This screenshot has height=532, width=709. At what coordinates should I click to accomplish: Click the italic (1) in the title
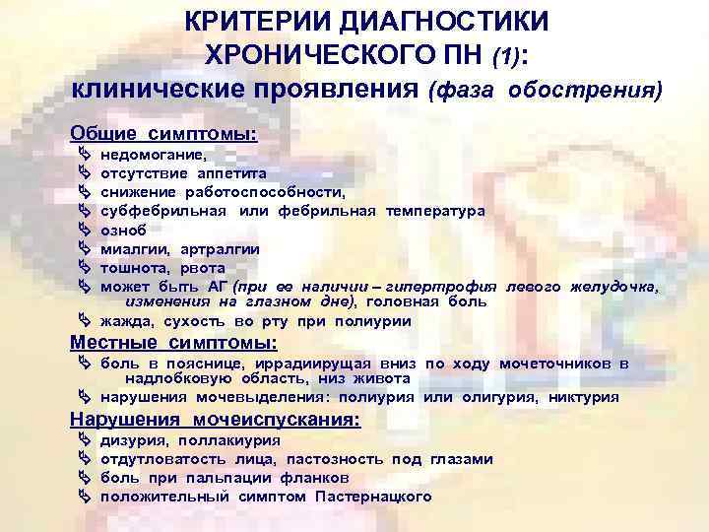pyautogui.click(x=508, y=55)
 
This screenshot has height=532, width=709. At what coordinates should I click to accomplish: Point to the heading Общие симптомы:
pyautogui.click(x=163, y=132)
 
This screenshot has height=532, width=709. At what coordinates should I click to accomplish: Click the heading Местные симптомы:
pyautogui.click(x=173, y=343)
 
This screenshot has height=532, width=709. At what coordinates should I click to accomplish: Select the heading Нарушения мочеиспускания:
pyautogui.click(x=216, y=420)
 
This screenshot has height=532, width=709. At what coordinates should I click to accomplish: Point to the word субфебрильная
pyautogui.click(x=163, y=211)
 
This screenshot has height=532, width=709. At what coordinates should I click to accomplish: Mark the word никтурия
pyautogui.click(x=584, y=398)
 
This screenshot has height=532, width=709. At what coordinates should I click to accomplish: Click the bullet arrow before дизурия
pyautogui.click(x=82, y=440)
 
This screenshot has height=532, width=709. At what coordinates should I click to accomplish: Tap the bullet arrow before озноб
pyautogui.click(x=82, y=230)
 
